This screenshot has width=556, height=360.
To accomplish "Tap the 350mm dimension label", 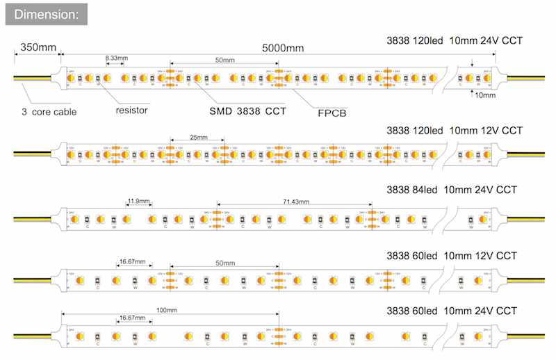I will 38,47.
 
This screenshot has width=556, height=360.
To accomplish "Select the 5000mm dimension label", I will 283,48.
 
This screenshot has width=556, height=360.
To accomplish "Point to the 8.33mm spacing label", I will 116,58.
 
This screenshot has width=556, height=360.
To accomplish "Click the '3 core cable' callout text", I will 49,111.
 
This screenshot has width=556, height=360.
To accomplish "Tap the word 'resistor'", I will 131,109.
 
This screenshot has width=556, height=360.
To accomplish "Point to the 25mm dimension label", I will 198,138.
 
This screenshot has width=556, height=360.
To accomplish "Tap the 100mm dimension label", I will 167,310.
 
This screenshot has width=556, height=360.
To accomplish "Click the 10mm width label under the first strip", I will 484,95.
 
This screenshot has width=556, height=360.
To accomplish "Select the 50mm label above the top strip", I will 224,61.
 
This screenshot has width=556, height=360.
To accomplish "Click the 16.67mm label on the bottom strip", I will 133,317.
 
